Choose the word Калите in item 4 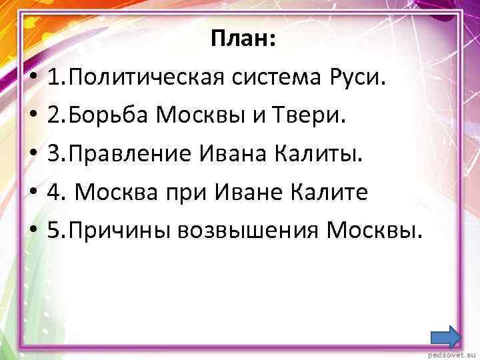(x=331, y=193)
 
